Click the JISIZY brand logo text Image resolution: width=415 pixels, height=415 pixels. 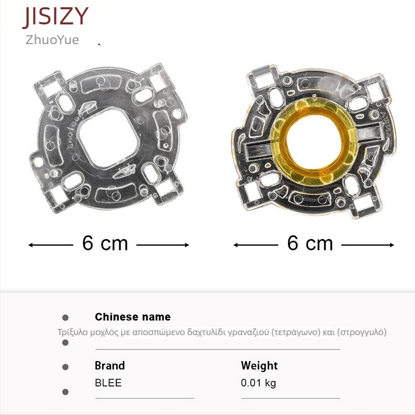click(x=56, y=17)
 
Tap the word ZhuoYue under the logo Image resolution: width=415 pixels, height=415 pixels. click(x=52, y=40)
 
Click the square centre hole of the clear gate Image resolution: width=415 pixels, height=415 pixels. click(x=108, y=137)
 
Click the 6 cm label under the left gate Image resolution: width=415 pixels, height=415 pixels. click(x=105, y=243)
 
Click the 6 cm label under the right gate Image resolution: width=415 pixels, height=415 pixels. click(x=310, y=243)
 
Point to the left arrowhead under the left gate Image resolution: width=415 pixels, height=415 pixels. click(x=31, y=245)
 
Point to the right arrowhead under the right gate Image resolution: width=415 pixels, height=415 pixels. click(x=392, y=245)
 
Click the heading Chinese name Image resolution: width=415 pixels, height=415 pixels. click(x=133, y=317)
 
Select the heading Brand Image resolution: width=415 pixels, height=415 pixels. click(x=109, y=366)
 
